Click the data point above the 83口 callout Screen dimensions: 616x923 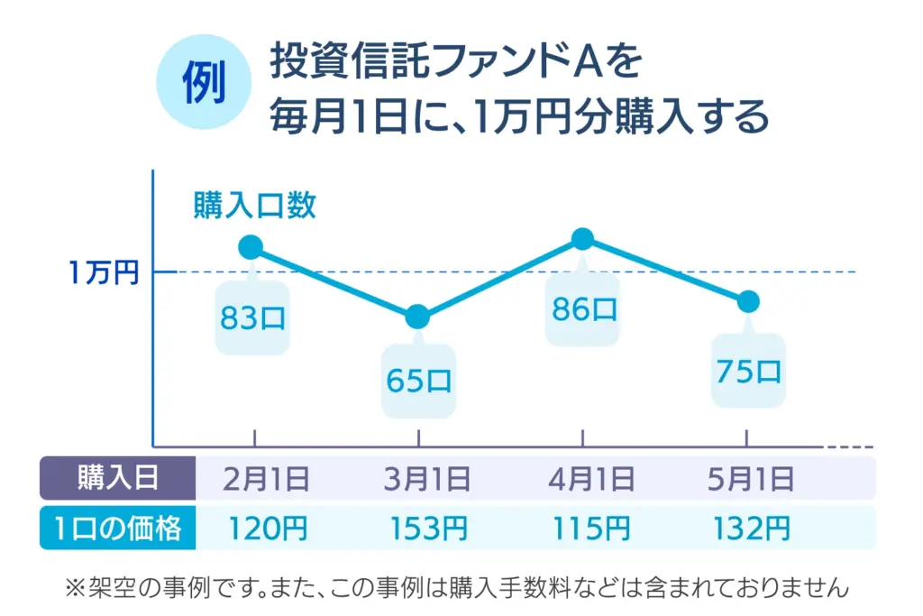pyautogui.click(x=251, y=247)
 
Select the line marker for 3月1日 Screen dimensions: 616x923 pyautogui.click(x=417, y=317)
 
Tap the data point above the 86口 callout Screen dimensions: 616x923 pyautogui.click(x=583, y=239)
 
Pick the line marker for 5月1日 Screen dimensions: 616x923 pyautogui.click(x=747, y=301)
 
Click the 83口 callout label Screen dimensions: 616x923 pyautogui.click(x=252, y=319)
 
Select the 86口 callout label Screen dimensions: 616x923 pyautogui.click(x=584, y=309)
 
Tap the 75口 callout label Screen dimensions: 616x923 pyautogui.click(x=748, y=372)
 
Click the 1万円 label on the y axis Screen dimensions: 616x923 pyautogui.click(x=104, y=272)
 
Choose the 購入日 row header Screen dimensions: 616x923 pyautogui.click(x=118, y=478)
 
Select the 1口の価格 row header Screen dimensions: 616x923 pyautogui.click(x=118, y=529)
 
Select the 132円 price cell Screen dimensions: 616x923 pyautogui.click(x=752, y=529)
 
